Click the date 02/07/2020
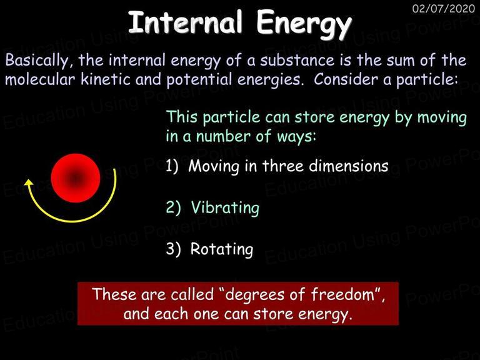pyautogui.click(x=444, y=8)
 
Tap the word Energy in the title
pyautogui.click(x=304, y=24)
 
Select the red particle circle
pyautogui.click(x=76, y=178)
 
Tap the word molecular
pyautogui.click(x=40, y=79)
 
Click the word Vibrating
pyautogui.click(x=225, y=207)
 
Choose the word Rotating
pyautogui.click(x=222, y=249)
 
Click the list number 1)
pyautogui.click(x=172, y=166)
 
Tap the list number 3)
pyautogui.click(x=173, y=249)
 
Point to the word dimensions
pyautogui.click(x=348, y=166)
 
